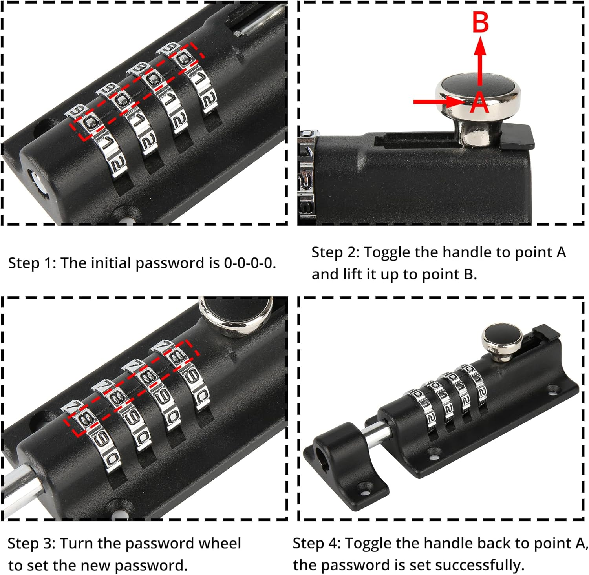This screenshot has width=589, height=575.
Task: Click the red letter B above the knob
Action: tap(480, 22)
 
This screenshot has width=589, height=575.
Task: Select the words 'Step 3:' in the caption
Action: tap(31, 544)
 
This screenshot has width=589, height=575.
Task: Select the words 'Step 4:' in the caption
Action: tap(316, 544)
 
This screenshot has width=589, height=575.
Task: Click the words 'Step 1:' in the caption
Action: tap(31, 263)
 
